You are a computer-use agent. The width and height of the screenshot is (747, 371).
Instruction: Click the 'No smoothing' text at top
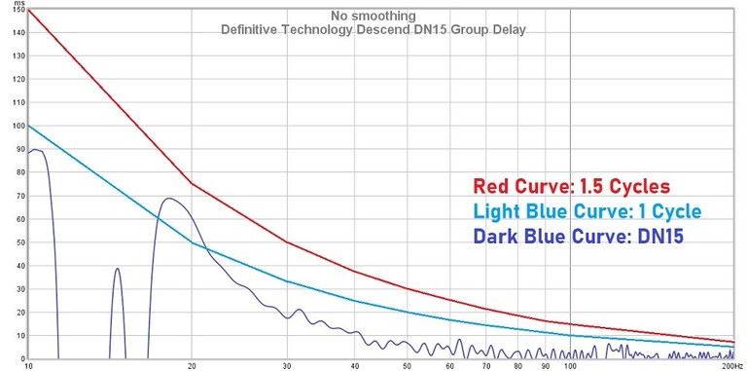click(373, 17)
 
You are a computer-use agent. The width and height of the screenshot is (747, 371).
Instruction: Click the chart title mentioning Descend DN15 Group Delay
click(373, 30)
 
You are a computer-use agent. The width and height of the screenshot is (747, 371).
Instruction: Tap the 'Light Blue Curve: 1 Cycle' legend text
click(587, 211)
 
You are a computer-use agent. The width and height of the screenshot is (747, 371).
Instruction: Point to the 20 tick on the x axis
click(192, 366)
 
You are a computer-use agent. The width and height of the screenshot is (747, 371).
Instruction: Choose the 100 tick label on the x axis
click(570, 366)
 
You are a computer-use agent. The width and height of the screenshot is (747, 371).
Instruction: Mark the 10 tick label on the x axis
click(28, 366)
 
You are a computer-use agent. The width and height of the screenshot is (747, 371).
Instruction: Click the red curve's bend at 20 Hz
click(192, 184)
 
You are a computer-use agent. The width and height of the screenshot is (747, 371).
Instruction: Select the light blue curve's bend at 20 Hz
click(192, 242)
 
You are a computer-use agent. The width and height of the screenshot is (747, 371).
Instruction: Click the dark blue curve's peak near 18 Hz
click(169, 199)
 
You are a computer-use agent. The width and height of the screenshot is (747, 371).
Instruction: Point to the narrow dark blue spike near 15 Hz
click(118, 269)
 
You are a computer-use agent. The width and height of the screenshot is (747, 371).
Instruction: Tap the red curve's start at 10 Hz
click(29, 10)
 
